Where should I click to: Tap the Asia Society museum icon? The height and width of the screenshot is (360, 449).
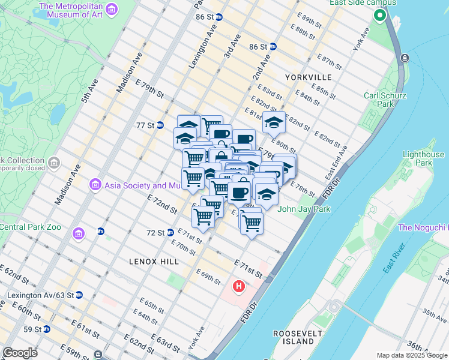tap(94, 184)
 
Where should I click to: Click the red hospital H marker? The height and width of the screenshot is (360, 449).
tap(239, 287)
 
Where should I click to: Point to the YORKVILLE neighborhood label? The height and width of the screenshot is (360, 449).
tap(309, 77)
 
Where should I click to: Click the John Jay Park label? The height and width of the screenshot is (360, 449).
tap(304, 209)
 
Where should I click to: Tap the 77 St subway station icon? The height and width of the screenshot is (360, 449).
tap(160, 125)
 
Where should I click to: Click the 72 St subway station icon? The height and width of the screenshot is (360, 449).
tap(170, 232)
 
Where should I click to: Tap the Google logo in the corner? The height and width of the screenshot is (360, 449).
tap(20, 353)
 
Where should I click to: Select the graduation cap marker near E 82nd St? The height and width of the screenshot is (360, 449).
tap(274, 122)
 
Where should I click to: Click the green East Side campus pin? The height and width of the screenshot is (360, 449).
tap(379, 17)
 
